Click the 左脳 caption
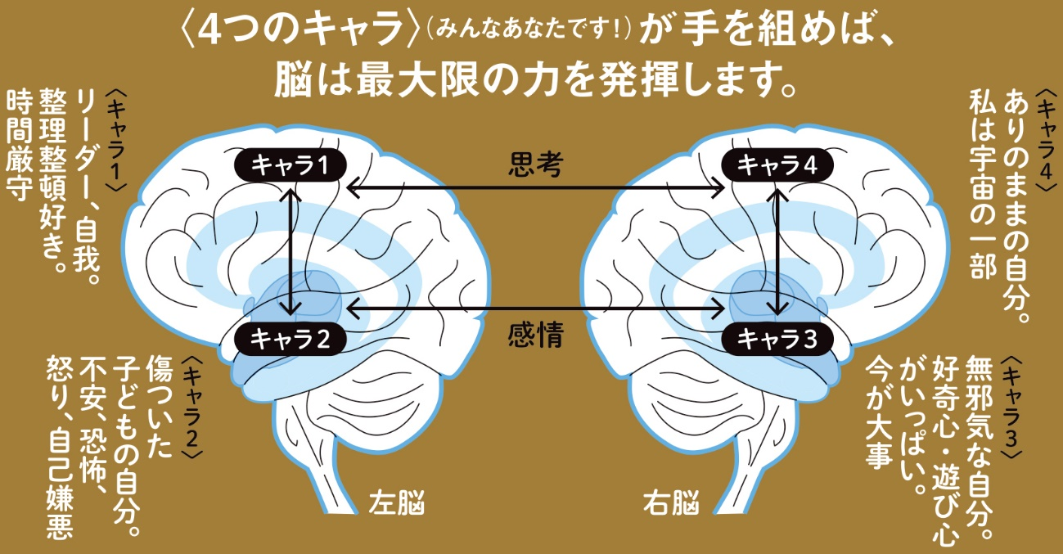(397, 502)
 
